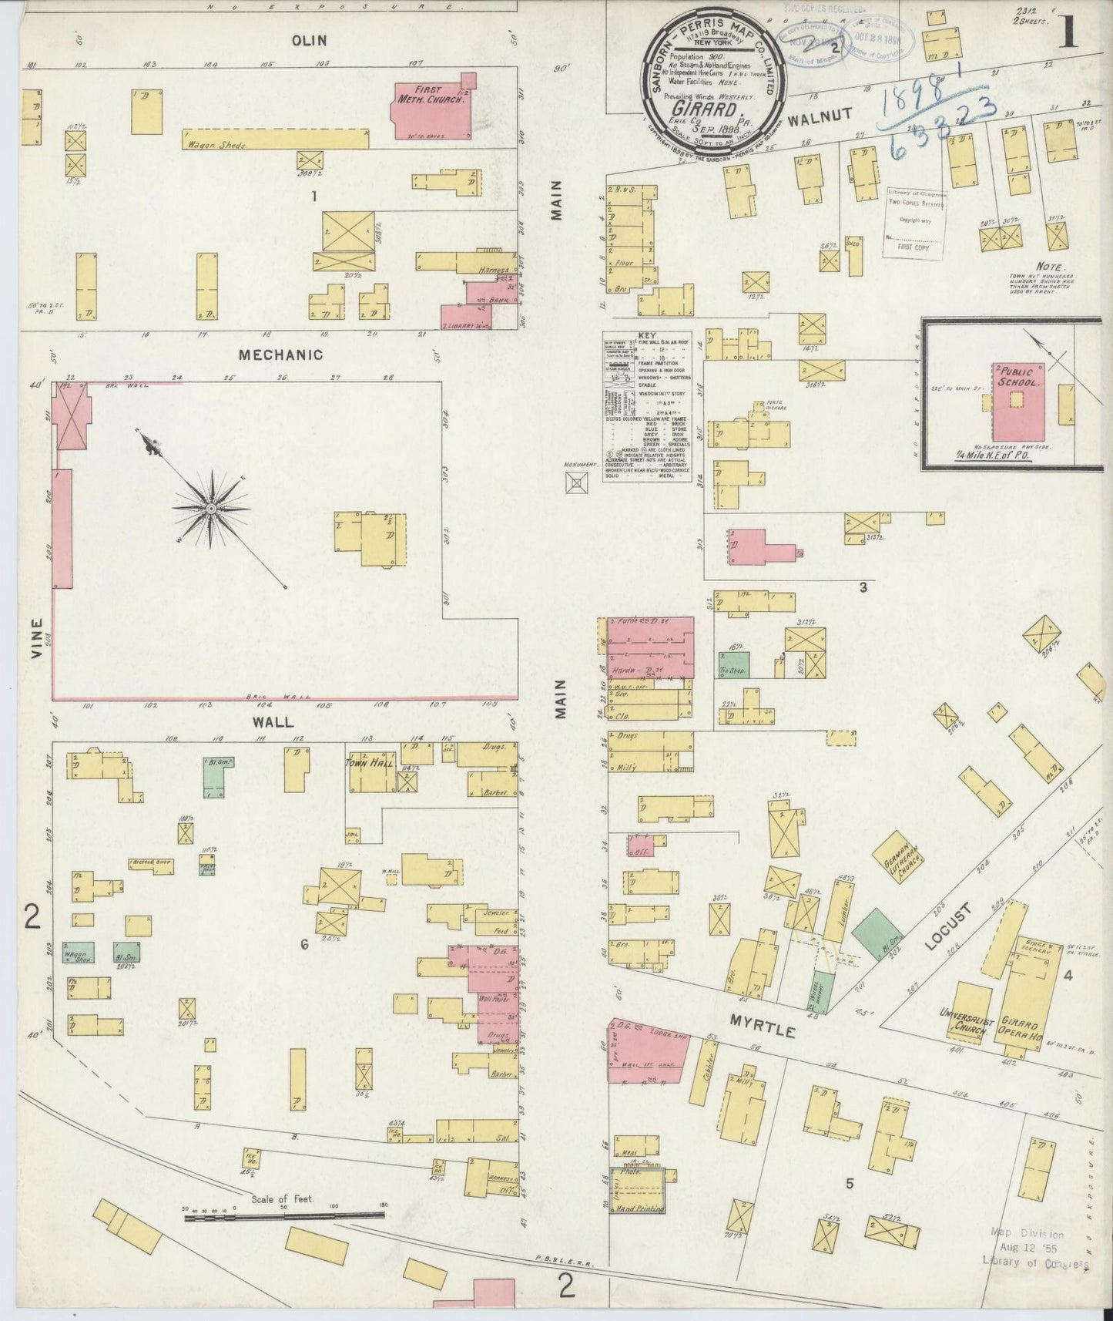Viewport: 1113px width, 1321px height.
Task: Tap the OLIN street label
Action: (310, 40)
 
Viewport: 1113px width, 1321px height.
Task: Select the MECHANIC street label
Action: (280, 355)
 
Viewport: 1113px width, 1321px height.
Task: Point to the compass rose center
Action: (210, 509)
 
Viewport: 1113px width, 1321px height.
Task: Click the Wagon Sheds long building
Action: (275, 139)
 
